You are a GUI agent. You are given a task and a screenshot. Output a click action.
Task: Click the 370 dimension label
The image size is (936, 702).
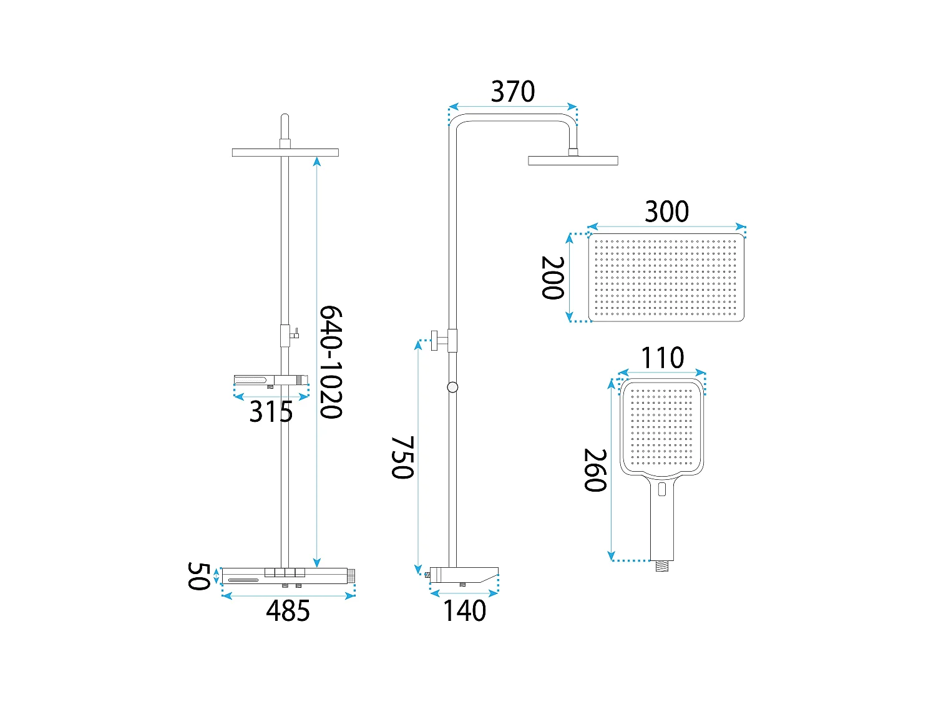coord(512,92)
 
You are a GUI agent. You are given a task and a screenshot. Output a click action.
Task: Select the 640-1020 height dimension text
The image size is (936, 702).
coord(331,362)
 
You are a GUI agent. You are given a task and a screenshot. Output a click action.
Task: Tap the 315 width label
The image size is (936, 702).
coord(271,412)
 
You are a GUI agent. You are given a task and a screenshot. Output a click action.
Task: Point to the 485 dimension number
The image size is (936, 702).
coord(288,611)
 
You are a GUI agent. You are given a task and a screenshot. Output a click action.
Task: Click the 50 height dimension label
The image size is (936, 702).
coord(198,576)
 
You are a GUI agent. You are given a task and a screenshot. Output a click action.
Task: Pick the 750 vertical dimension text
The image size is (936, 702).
coord(402,457)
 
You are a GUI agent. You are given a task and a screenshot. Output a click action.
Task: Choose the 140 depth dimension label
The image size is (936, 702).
coord(464,611)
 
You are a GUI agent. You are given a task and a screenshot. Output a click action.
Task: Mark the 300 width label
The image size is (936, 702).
coord(666,212)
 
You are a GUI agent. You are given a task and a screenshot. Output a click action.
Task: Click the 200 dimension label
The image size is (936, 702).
coord(553,278)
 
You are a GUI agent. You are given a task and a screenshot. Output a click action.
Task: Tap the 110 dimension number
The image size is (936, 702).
coord(663,358)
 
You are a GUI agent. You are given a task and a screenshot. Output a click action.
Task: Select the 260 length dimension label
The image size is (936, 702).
coord(595,470)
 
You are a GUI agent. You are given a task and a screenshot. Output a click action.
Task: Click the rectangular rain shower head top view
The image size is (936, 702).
coord(666,278)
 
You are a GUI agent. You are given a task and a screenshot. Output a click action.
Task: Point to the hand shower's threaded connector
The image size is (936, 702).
coord(662,566)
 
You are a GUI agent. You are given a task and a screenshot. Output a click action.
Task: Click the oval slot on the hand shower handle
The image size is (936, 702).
coord(662,489)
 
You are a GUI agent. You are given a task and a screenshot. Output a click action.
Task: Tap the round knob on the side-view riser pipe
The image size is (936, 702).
coord(452,388)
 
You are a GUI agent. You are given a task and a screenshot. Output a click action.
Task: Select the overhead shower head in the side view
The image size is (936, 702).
coord(573,160)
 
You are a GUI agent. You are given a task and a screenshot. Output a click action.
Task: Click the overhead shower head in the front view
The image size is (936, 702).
coord(285,152)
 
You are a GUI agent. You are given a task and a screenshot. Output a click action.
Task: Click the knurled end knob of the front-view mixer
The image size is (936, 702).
coord(351,575)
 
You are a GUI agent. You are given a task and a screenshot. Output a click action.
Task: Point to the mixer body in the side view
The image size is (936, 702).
coord(463,575)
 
